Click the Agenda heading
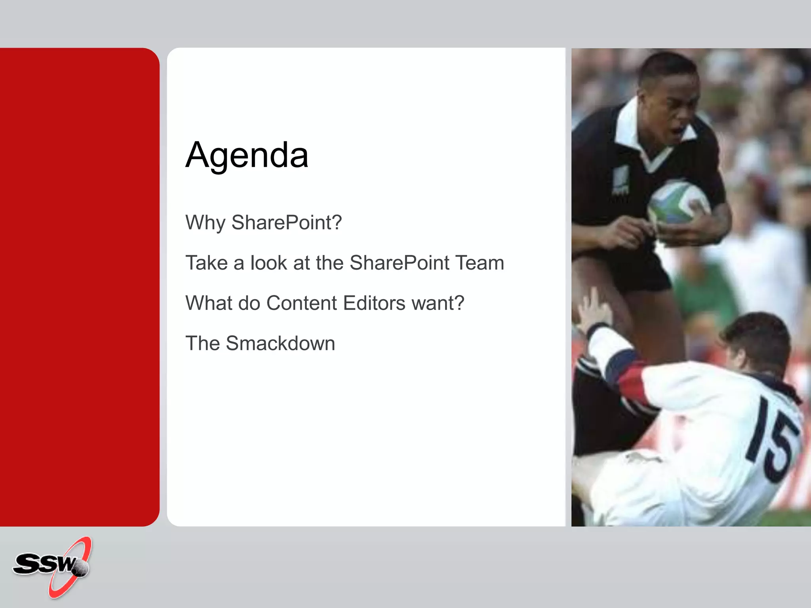(x=247, y=155)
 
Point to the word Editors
(x=374, y=303)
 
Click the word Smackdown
(x=280, y=344)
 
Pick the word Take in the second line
(x=206, y=263)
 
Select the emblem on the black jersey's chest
(x=621, y=180)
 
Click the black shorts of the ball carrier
(x=642, y=269)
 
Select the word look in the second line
(x=268, y=263)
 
